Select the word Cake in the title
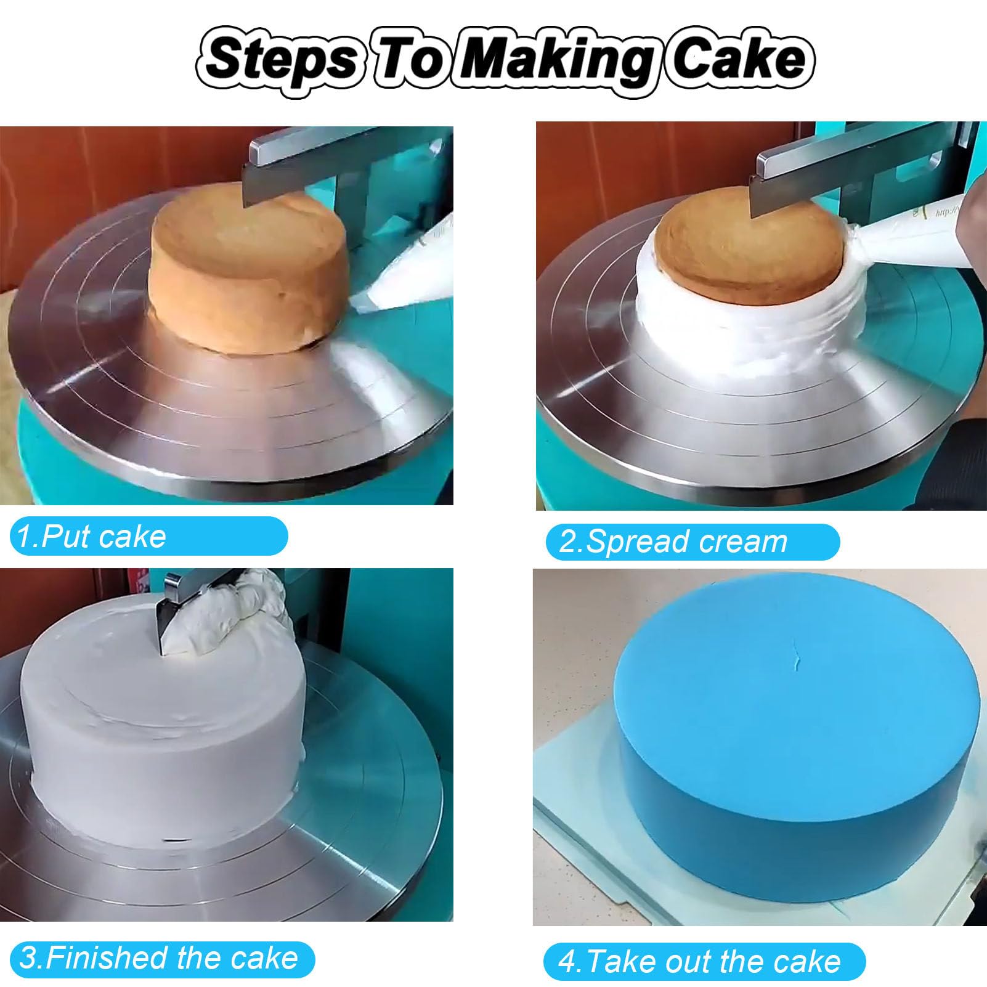click(x=739, y=59)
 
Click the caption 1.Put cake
click(x=91, y=536)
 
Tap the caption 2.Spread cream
click(x=673, y=542)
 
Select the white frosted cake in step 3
click(x=163, y=733)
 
